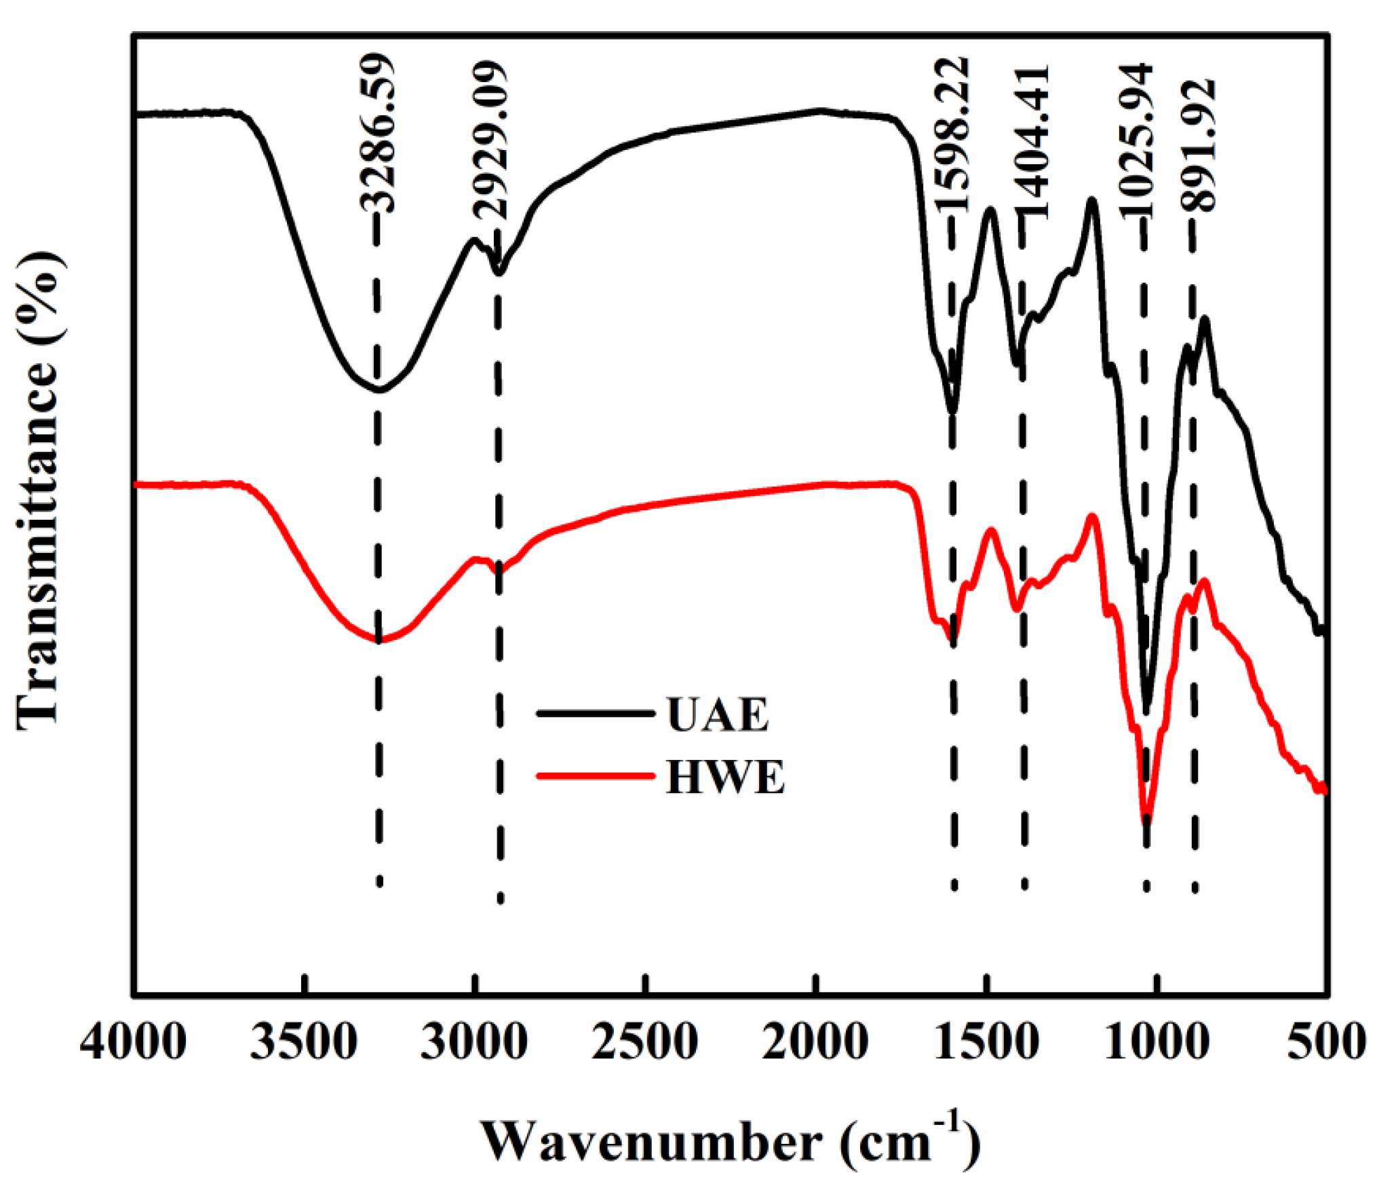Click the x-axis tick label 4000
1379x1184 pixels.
(133, 1042)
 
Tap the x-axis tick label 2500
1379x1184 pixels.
(645, 1042)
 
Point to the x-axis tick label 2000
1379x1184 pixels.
(815, 1042)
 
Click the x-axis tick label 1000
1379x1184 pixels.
(1157, 1042)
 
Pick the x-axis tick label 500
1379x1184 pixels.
(1326, 1042)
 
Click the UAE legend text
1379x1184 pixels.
(718, 715)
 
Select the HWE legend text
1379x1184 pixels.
(724, 777)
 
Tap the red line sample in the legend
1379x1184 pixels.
(596, 775)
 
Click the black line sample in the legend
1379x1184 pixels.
(596, 713)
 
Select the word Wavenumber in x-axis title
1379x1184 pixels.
(651, 1141)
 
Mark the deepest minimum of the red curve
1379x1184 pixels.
(1146, 818)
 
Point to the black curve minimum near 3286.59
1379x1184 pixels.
(378, 390)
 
